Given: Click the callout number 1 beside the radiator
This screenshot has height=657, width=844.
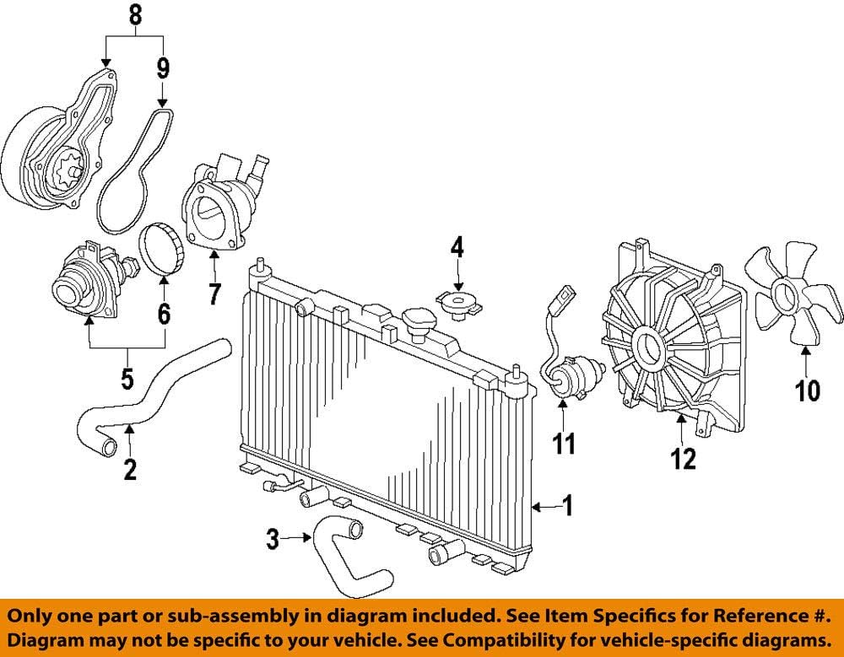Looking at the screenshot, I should tap(567, 506).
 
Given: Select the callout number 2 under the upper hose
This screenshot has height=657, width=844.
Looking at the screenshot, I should tap(129, 469).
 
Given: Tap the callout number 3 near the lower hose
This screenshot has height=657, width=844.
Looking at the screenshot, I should tap(272, 538).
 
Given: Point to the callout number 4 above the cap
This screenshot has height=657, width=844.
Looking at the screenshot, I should tap(457, 247).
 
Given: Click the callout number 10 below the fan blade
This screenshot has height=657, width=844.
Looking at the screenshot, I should tap(807, 390).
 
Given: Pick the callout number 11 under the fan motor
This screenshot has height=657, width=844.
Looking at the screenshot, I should tap(563, 442).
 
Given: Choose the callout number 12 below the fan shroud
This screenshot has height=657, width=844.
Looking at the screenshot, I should tap(684, 459).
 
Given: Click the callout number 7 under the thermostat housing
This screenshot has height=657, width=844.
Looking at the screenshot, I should tap(214, 293).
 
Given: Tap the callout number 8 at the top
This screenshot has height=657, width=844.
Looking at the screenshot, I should tap(134, 14).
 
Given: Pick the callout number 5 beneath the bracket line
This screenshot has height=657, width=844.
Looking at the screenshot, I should tap(127, 380).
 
